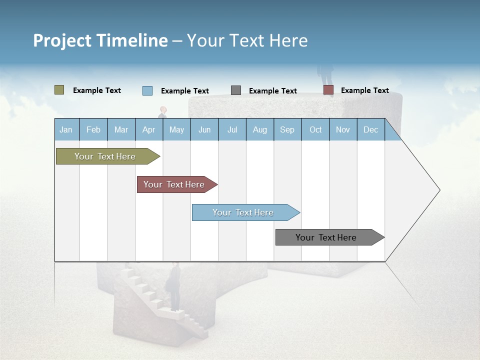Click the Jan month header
(x=66, y=129)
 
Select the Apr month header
(x=148, y=129)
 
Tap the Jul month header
(x=232, y=129)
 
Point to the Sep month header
(x=287, y=129)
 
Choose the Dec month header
(x=370, y=129)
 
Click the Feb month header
(x=93, y=129)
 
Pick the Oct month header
(x=315, y=129)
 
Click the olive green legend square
(x=59, y=90)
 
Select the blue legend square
(x=147, y=90)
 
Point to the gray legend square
(x=236, y=90)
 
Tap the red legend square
(x=328, y=90)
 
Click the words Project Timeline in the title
(x=100, y=40)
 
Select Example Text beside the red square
(x=364, y=90)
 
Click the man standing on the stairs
(x=174, y=287)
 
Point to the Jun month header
(x=204, y=129)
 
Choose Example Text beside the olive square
(x=97, y=90)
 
